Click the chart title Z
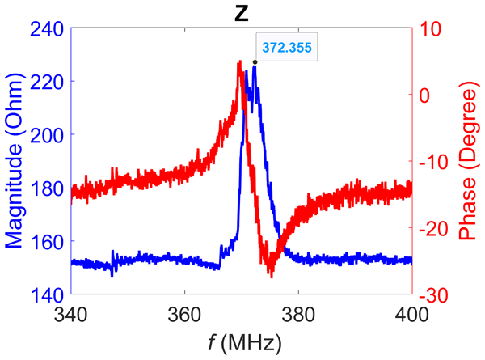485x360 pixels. click(241, 11)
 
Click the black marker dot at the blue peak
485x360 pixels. click(255, 62)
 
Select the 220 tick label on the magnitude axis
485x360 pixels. click(47, 82)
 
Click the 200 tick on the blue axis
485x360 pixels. click(47, 135)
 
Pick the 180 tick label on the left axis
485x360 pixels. click(47, 188)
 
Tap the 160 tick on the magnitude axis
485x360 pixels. click(47, 242)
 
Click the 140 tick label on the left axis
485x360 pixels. click(47, 295)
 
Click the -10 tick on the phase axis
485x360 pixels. click(432, 162)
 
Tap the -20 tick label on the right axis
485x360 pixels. click(432, 229)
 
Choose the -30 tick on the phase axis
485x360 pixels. click(432, 295)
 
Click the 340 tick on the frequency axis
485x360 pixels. click(71, 314)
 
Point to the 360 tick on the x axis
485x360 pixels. click(184, 314)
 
